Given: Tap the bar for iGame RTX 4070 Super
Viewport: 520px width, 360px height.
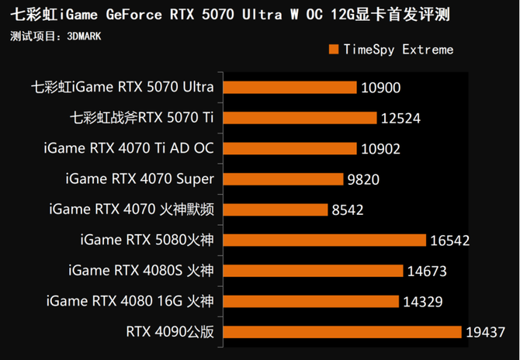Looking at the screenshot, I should [x=281, y=178].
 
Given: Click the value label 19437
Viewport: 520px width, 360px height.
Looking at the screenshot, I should [x=485, y=332].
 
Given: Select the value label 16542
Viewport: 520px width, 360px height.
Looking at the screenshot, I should [x=449, y=241].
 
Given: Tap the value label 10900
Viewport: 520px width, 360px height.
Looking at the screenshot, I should [x=380, y=88].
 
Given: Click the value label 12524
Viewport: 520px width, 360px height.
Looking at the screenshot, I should [x=400, y=118].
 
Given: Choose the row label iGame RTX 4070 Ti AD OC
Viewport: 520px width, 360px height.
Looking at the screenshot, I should [x=130, y=148].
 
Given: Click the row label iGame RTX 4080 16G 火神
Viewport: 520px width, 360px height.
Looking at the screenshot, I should [x=130, y=301].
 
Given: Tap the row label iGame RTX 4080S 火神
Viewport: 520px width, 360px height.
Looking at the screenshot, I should [x=140, y=271].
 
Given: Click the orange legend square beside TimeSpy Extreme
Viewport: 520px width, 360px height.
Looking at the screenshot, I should [x=334, y=50].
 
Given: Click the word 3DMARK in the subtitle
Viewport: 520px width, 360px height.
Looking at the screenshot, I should [x=84, y=36].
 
